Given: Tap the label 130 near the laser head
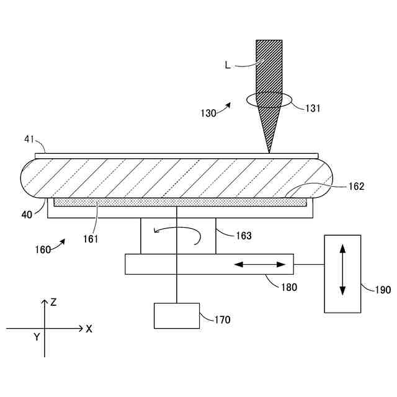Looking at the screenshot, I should coord(209,113).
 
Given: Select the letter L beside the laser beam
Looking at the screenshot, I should coord(228,65).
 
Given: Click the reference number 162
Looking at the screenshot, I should coord(356,185).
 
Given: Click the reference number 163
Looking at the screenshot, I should coord(244,235).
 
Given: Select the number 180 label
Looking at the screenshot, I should coord(289,287).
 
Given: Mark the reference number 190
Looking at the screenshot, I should coord(375,289).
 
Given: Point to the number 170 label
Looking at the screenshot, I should coord(221,320).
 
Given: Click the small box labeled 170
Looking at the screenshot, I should coord(177,315).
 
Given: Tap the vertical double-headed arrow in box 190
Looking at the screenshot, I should coord(342,274).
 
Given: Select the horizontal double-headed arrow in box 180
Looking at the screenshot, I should coord(260,264).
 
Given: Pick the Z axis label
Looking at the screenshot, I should coord(54,302).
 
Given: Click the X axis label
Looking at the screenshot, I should coord(89,329).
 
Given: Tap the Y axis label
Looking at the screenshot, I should coord(37,337).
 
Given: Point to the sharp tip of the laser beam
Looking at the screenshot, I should coord(269,153).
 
